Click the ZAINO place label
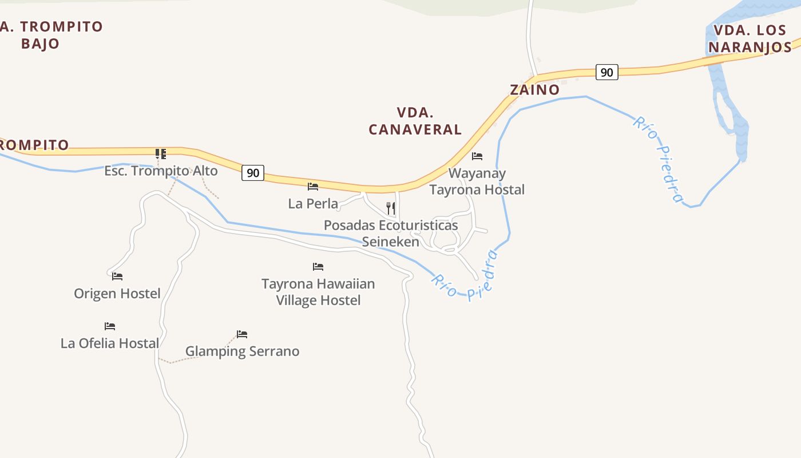(x=534, y=90)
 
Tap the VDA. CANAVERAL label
(x=415, y=121)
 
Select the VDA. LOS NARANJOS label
(x=750, y=38)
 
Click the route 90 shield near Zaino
(x=606, y=72)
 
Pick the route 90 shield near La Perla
(x=252, y=172)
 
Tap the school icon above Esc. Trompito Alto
(x=161, y=153)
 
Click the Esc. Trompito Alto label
(x=161, y=171)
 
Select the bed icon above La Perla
(x=313, y=186)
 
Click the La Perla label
(x=313, y=203)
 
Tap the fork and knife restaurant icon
(x=391, y=208)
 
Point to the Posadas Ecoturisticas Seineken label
(x=391, y=233)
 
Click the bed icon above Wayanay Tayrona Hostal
(x=477, y=156)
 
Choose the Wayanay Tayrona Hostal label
(x=477, y=181)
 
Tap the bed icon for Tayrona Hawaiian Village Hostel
(x=318, y=266)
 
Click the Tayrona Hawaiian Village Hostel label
(x=318, y=291)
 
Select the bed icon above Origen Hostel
(x=117, y=276)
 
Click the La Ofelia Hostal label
(x=110, y=343)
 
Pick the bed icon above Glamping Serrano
(x=242, y=334)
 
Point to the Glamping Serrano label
(x=242, y=351)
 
